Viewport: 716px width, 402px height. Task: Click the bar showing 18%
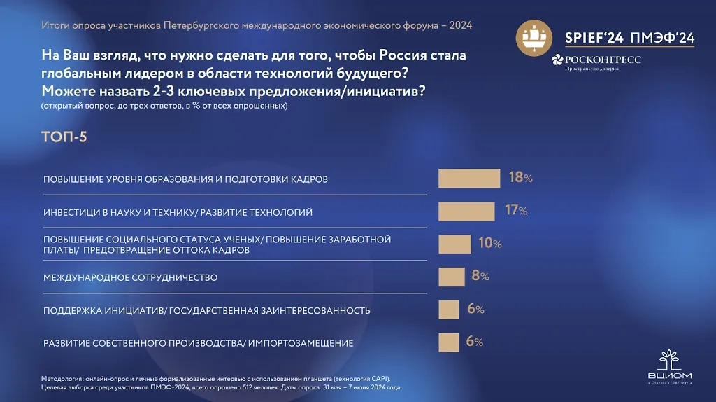pos(468,179)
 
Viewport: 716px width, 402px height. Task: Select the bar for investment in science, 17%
pos(466,211)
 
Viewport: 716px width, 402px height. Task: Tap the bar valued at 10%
pos(454,244)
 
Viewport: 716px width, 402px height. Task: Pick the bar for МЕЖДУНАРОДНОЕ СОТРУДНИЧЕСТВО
pos(451,277)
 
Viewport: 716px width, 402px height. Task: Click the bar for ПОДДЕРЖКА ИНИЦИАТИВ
pos(448,310)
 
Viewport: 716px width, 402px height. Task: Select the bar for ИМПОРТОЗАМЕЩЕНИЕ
pos(448,342)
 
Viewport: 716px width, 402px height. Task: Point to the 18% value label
pos(520,178)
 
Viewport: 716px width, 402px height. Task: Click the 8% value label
pos(480,276)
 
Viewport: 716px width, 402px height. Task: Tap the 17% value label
pos(515,210)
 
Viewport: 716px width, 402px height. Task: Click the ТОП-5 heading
pos(64,137)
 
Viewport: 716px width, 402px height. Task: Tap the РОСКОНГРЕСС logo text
pos(602,60)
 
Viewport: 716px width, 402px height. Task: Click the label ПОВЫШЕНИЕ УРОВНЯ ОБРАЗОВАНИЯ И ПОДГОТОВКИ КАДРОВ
pos(185,179)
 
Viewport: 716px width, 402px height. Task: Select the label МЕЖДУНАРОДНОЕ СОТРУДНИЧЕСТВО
pos(130,277)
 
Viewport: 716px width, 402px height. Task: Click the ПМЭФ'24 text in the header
pos(662,39)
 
